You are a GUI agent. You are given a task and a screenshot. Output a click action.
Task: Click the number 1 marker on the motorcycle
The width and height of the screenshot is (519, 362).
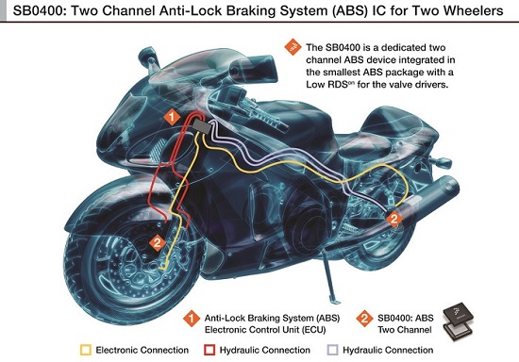click(172, 117)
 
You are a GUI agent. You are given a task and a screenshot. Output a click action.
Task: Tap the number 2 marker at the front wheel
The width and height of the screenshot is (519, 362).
click(158, 243)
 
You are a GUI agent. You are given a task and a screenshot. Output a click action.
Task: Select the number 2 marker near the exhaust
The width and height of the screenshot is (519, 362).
click(393, 219)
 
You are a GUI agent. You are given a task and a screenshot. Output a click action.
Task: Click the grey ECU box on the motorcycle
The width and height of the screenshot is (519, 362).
click(202, 126)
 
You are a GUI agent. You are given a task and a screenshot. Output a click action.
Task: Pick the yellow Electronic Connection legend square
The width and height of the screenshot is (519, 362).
click(86, 350)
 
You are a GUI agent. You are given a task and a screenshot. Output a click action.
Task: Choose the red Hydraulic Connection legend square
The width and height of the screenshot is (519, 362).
click(209, 350)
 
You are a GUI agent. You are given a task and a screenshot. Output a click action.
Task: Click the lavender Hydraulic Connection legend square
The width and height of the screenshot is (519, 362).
click(332, 350)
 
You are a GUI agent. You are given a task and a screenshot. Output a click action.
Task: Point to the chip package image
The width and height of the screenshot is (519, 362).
click(458, 322)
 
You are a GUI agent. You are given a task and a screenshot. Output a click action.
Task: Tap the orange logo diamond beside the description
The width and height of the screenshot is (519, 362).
click(293, 47)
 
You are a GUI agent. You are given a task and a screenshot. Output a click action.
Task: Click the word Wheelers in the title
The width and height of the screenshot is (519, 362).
click(474, 10)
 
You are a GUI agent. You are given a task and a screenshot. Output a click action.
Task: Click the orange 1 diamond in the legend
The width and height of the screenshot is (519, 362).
click(192, 319)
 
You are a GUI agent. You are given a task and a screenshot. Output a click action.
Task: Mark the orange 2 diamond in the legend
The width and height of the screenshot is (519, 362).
click(364, 319)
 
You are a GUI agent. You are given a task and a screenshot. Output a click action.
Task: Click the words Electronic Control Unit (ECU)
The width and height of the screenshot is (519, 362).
click(265, 330)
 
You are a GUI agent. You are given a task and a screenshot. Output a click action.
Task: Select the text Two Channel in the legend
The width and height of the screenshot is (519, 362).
click(405, 330)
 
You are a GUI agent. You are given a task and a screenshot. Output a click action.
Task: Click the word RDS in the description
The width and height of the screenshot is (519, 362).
click(338, 85)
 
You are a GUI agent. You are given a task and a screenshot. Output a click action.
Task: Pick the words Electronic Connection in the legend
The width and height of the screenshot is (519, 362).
click(142, 350)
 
